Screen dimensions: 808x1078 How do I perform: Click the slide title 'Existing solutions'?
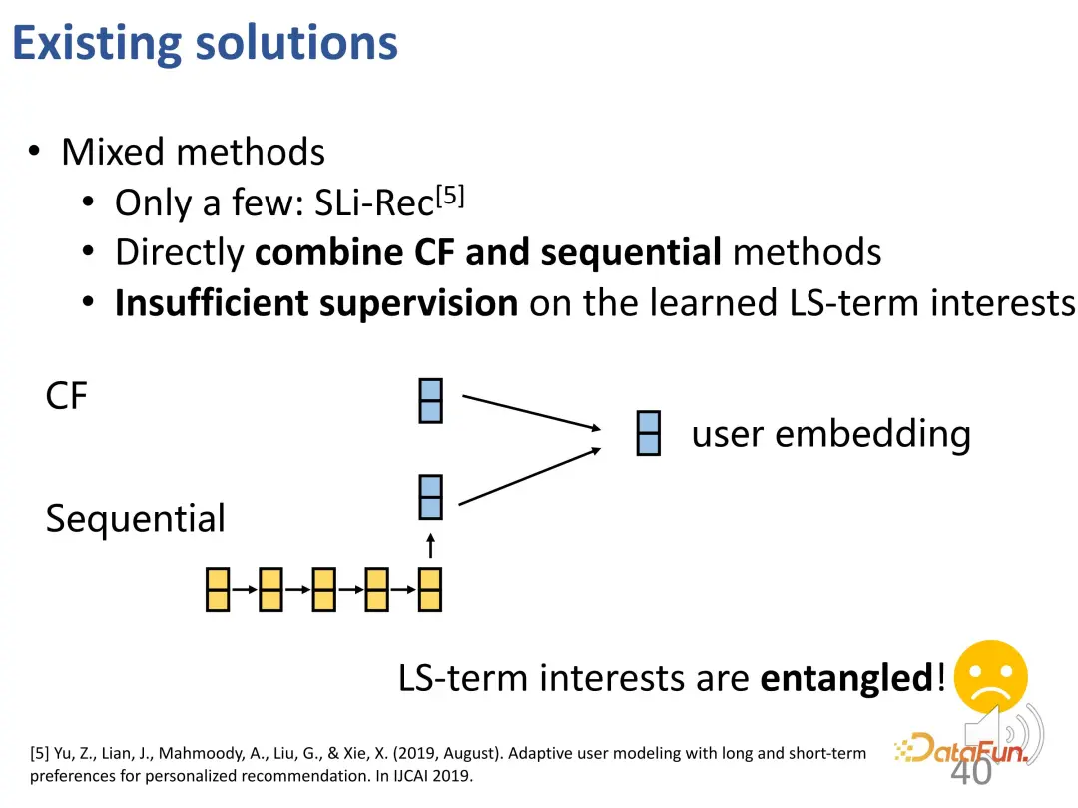(205, 43)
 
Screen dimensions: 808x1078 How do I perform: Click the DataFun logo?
(959, 747)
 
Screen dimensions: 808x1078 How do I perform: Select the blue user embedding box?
(649, 434)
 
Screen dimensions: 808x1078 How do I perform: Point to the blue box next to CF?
(430, 400)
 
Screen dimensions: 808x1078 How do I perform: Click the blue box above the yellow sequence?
(430, 497)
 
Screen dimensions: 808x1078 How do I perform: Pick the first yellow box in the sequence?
(218, 589)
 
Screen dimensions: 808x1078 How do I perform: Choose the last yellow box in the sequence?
(430, 589)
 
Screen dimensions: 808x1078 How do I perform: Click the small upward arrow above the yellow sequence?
(430, 545)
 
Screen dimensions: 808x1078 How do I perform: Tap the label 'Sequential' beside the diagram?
(136, 519)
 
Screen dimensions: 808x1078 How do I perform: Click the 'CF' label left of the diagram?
(67, 397)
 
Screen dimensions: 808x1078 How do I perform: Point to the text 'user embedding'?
(830, 434)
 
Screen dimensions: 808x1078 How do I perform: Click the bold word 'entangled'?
(846, 678)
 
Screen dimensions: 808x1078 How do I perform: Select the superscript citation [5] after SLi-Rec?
(451, 196)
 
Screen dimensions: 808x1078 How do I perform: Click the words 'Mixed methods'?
(193, 152)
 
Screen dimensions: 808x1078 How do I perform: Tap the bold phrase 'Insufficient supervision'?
(315, 303)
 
